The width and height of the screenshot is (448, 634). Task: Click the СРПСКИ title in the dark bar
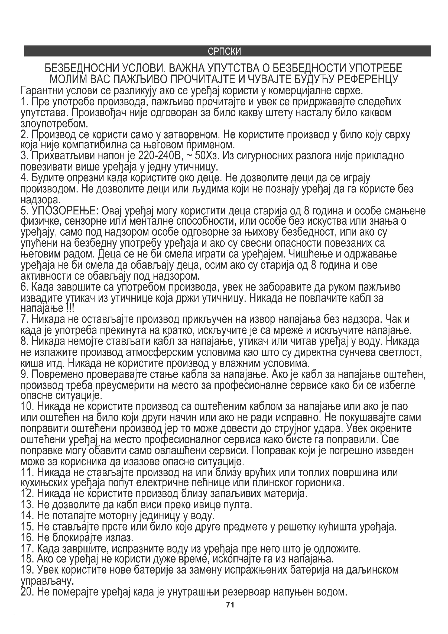(x=224, y=51)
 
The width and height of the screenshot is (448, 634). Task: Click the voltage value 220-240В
(x=159, y=156)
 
